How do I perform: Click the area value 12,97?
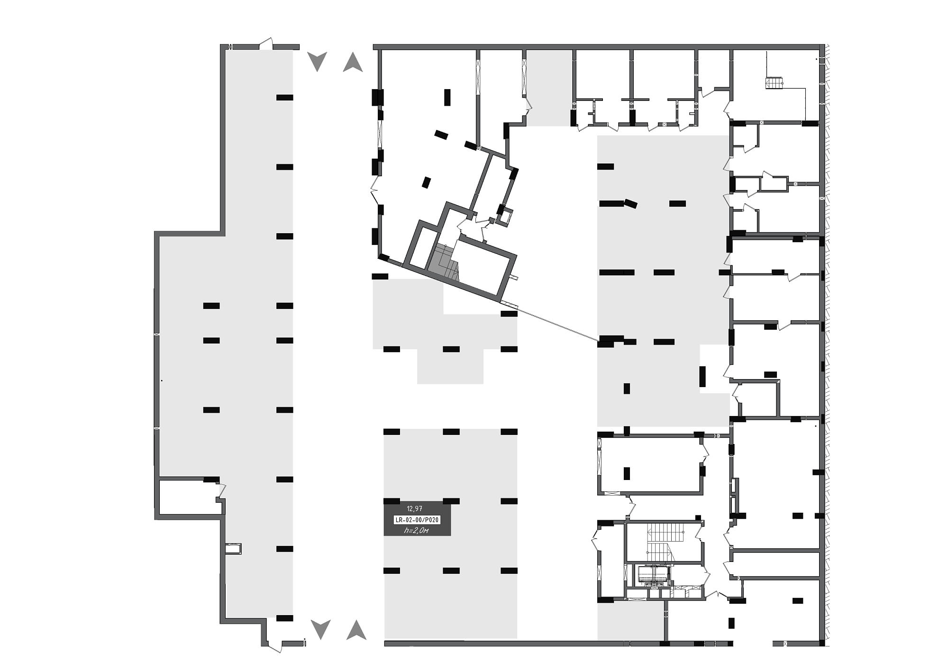click(x=414, y=509)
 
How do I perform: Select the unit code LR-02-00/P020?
click(x=417, y=520)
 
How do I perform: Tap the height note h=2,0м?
click(x=416, y=531)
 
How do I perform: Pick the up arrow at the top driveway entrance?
click(x=353, y=62)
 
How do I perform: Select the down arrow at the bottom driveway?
click(x=321, y=629)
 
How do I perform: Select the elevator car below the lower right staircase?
click(x=653, y=575)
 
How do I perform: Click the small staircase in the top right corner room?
click(x=774, y=83)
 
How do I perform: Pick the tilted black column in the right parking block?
click(x=630, y=204)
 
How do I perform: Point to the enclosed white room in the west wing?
click(x=190, y=497)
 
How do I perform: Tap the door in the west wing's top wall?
click(x=266, y=44)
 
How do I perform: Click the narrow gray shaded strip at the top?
click(x=549, y=88)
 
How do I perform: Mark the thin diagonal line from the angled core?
click(x=557, y=325)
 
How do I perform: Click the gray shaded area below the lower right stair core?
click(x=631, y=621)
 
